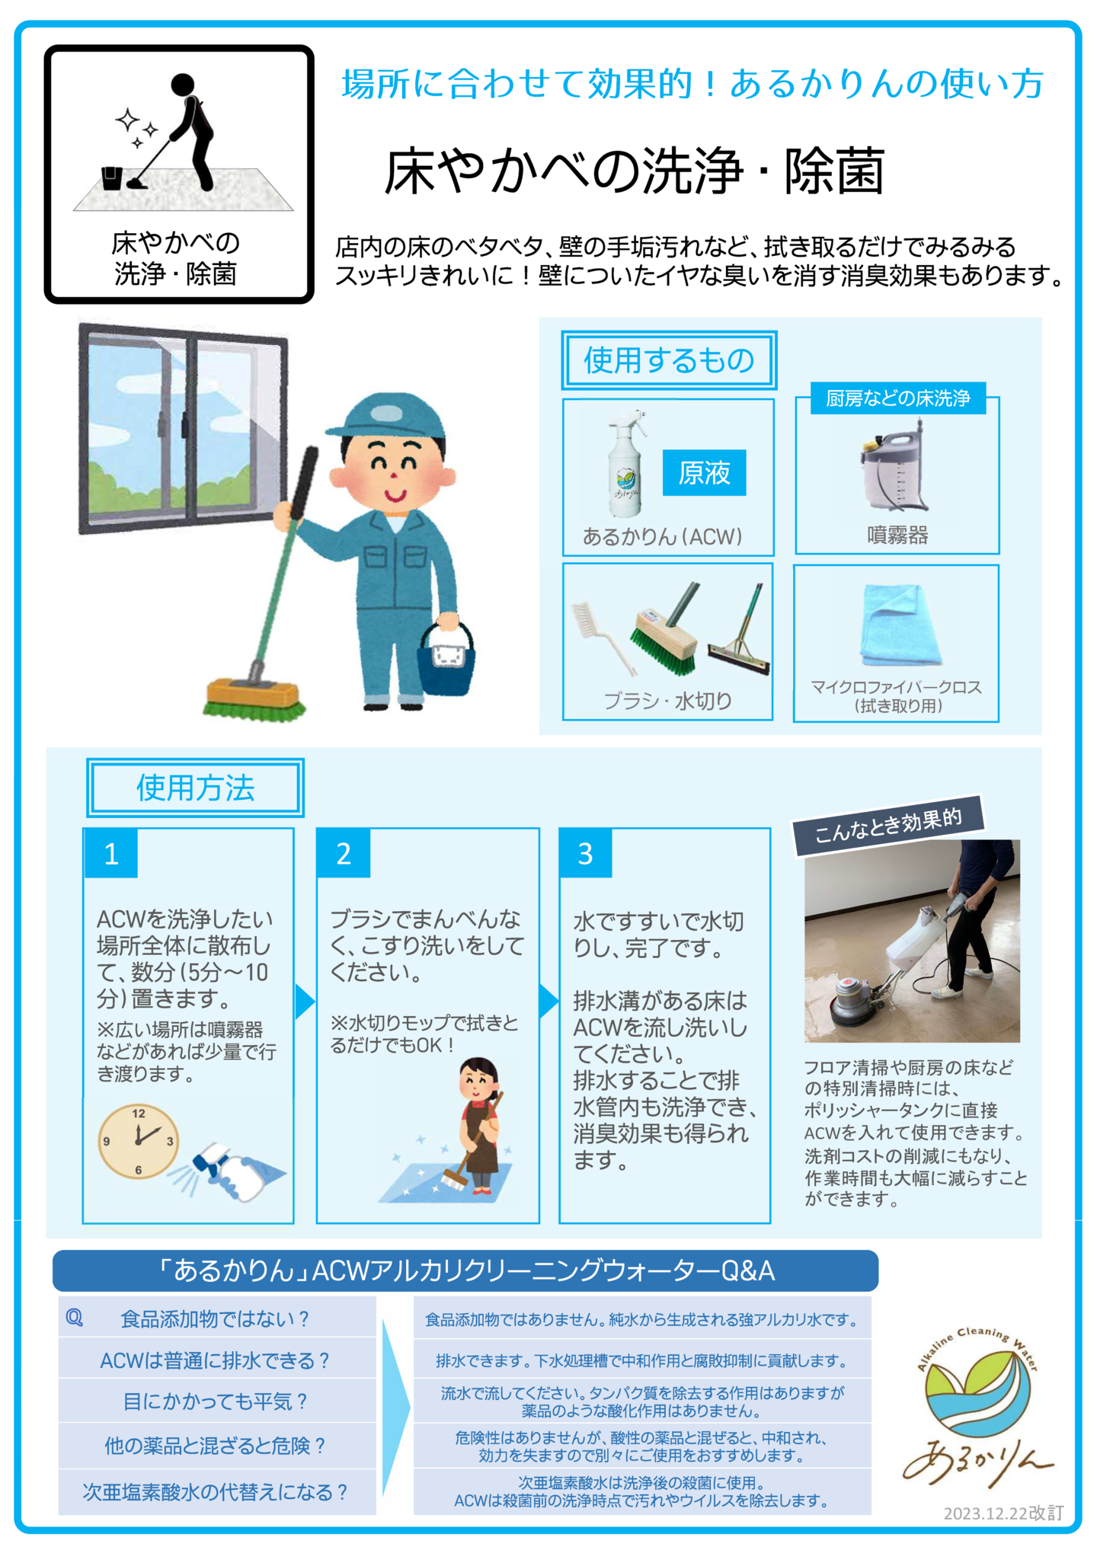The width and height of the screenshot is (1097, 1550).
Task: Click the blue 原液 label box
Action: coord(704,472)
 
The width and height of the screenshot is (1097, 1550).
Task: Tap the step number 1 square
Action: coord(111,853)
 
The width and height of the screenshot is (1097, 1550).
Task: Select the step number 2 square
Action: coord(344,853)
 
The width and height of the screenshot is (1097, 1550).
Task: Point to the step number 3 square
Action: coord(585,853)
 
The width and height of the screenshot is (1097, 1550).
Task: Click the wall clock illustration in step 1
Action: coord(139,1141)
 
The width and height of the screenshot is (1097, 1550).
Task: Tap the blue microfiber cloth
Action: coord(900,625)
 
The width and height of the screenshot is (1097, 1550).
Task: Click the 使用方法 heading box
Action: coord(195,788)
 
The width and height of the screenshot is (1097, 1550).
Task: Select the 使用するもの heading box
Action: coord(669,360)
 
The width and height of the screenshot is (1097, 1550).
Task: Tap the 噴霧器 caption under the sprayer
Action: coord(897,535)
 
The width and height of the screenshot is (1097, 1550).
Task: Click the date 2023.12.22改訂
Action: coord(1003,1513)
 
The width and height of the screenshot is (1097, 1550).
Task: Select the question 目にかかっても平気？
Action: coord(216,1401)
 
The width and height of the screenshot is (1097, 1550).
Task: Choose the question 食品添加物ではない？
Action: coord(216,1319)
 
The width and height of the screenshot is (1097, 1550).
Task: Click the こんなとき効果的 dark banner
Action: coord(888,825)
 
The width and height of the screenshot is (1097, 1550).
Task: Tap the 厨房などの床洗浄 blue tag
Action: coord(898,398)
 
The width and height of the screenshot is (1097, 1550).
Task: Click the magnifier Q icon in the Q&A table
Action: coord(75,1318)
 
